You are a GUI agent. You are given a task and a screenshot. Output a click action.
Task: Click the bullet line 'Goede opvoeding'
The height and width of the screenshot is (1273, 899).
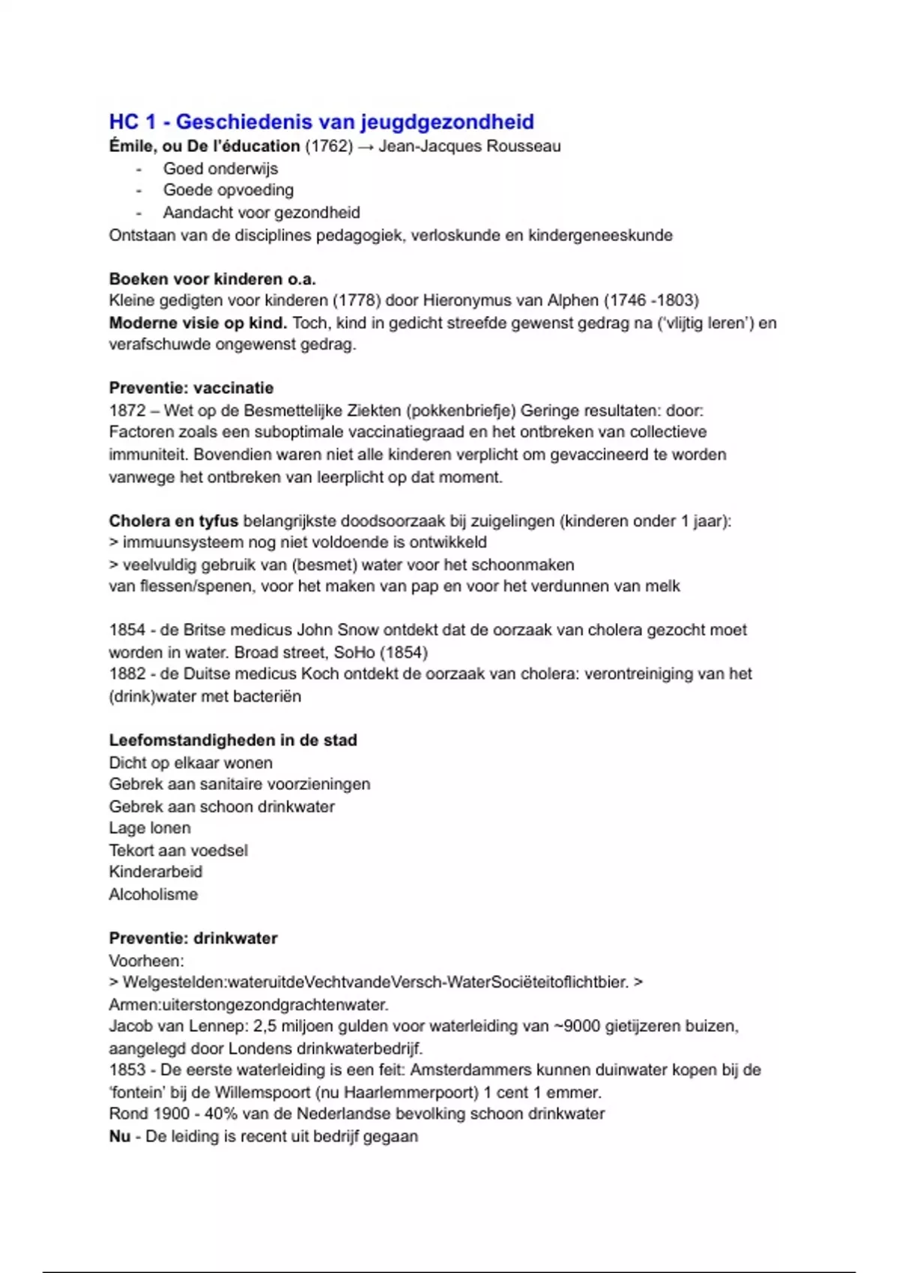tap(228, 190)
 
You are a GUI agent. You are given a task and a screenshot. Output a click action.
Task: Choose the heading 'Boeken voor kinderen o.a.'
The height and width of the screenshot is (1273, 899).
tap(212, 279)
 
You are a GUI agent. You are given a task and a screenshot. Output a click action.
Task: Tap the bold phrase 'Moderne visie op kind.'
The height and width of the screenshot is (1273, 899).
tap(198, 323)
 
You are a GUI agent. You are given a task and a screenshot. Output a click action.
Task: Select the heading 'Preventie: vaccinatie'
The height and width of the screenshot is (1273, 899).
tap(191, 388)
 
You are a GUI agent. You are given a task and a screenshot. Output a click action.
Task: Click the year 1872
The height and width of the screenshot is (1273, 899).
tap(127, 410)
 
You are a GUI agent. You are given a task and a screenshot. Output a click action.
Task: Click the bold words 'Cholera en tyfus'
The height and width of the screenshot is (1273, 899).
tap(173, 520)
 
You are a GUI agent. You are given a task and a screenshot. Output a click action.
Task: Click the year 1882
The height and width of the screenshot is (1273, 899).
tap(127, 674)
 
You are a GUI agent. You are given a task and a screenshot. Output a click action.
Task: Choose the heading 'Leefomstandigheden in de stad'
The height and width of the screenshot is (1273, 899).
tap(232, 740)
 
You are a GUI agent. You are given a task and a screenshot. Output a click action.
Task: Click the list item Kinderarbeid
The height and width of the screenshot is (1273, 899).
tap(156, 872)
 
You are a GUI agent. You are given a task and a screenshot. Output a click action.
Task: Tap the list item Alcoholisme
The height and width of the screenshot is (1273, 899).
tap(154, 894)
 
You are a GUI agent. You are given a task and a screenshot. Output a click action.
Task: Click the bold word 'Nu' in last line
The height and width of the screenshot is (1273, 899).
tap(120, 1136)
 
